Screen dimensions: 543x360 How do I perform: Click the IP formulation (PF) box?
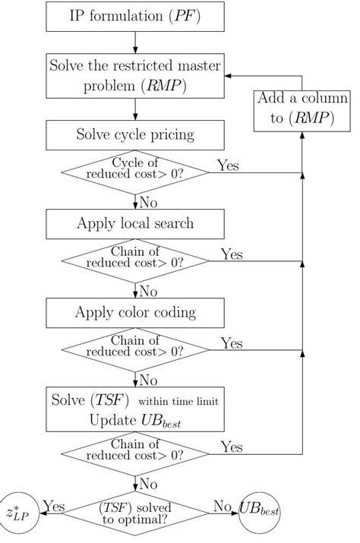135,16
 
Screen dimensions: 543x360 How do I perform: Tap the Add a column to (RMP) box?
302,110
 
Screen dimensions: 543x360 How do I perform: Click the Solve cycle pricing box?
135,135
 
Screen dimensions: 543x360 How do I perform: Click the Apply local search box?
135,223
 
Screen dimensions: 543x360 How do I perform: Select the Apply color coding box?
135,312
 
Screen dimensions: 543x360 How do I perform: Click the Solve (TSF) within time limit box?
135,410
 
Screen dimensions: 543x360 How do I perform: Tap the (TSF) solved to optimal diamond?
135,513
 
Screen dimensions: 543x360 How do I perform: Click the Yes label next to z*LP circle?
54,507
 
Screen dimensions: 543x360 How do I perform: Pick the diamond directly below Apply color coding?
135,351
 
